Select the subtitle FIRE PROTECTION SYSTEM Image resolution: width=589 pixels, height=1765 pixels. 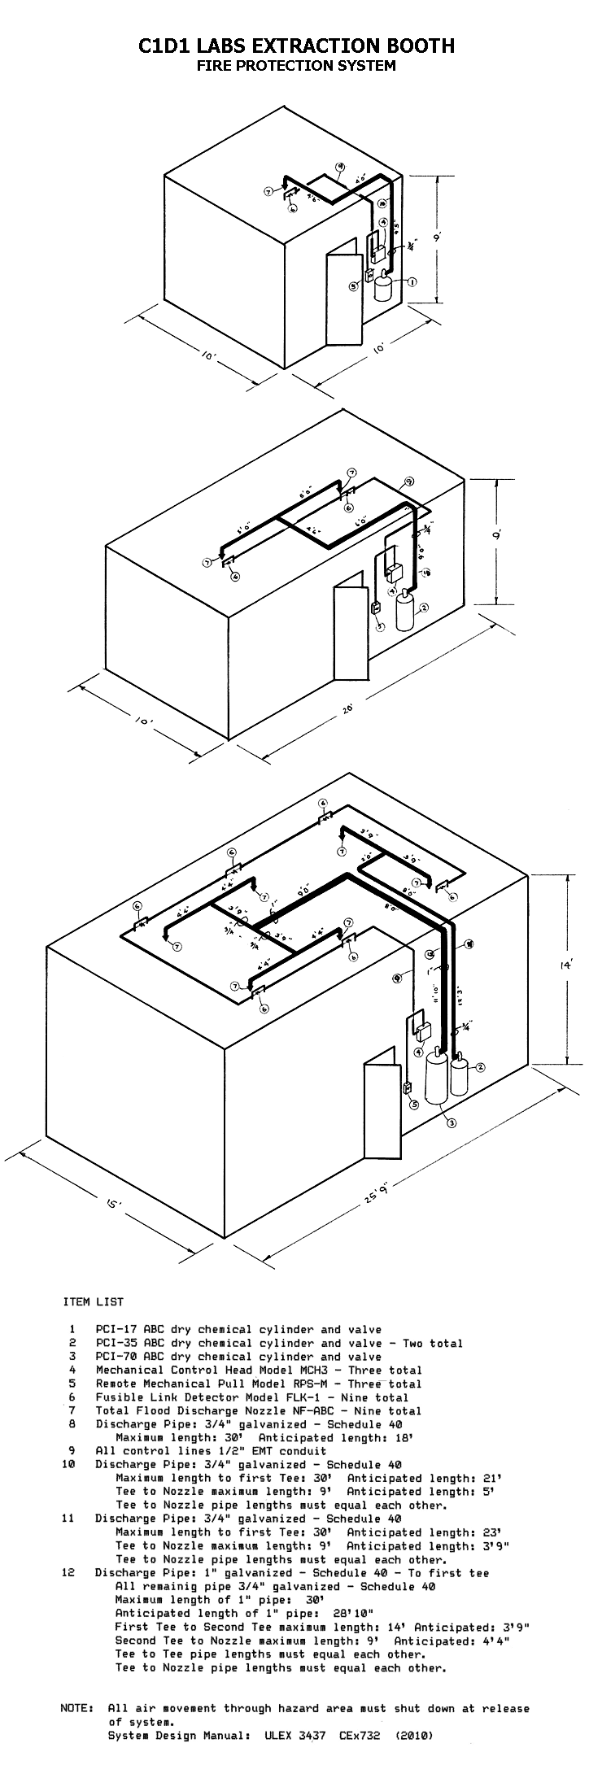click(296, 66)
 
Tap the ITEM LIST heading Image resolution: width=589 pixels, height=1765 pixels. click(93, 1302)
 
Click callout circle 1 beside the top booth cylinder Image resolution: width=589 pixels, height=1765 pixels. click(412, 282)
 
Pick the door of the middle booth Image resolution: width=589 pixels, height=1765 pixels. click(351, 632)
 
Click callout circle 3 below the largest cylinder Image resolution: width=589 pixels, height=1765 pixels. click(450, 1123)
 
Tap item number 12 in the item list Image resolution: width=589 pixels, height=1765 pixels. click(68, 1573)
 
